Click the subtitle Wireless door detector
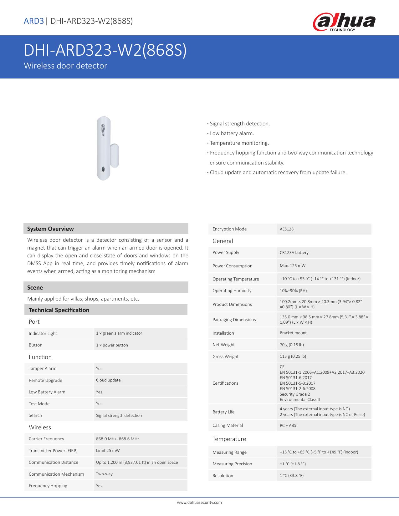click(65, 66)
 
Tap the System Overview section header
click(50, 229)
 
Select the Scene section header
click(35, 287)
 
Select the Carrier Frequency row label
click(46, 439)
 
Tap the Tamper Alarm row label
click(43, 368)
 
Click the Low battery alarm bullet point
click(232, 133)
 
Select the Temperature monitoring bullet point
click(239, 143)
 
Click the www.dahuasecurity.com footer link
click(199, 502)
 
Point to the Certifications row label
click(225, 383)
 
